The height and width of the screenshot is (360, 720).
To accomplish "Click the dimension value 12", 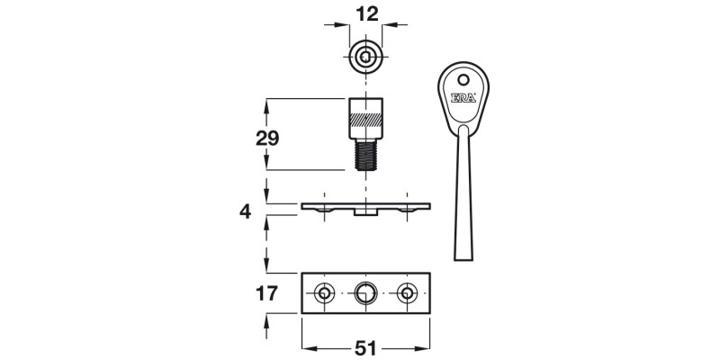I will click(x=365, y=15).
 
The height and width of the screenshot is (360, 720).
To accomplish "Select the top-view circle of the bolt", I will click(x=365, y=58).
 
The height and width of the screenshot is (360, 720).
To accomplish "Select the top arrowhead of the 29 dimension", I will click(x=267, y=103).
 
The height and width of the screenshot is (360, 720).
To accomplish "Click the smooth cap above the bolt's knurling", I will click(x=365, y=103).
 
